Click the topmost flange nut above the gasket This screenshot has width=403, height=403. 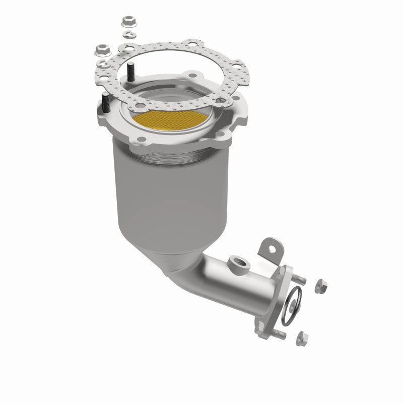[x=127, y=22]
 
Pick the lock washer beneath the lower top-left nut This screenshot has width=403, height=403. [x=103, y=64]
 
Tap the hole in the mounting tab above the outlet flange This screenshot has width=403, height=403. [x=272, y=248]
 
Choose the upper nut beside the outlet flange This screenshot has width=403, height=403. [x=320, y=287]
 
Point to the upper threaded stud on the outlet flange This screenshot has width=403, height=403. [x=299, y=278]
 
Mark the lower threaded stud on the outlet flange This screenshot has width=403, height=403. [x=280, y=333]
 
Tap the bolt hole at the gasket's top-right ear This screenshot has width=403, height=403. [x=191, y=44]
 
